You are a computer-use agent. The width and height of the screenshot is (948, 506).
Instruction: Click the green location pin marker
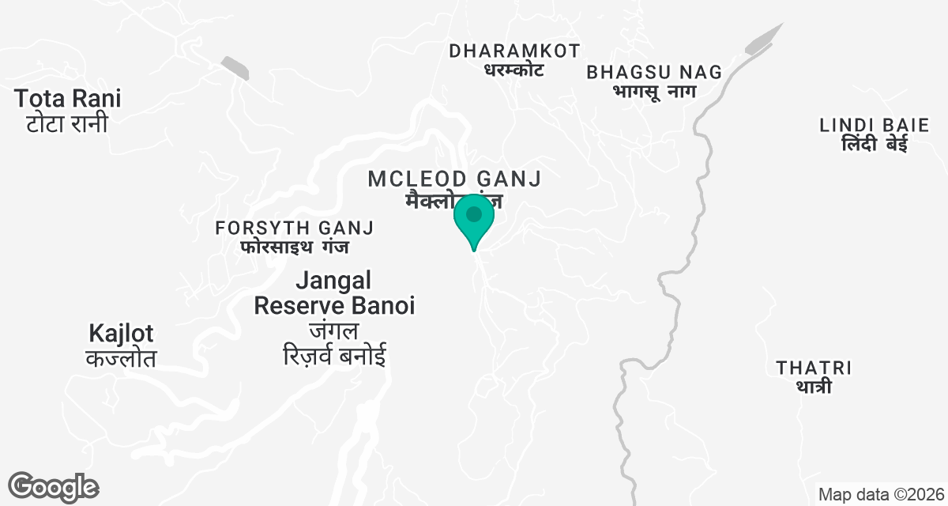click(474, 218)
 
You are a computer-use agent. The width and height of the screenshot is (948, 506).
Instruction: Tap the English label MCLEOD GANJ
click(454, 179)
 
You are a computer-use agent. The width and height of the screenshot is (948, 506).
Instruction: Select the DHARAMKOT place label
click(514, 51)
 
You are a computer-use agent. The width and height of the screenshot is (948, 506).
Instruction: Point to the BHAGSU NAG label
click(654, 72)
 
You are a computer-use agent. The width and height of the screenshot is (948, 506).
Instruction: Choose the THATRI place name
click(814, 368)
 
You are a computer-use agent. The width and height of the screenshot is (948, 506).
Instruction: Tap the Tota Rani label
click(68, 100)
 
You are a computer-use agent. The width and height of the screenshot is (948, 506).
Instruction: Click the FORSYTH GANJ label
click(295, 228)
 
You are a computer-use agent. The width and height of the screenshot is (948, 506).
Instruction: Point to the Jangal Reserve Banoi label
click(334, 293)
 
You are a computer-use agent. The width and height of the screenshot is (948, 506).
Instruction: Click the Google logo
click(53, 487)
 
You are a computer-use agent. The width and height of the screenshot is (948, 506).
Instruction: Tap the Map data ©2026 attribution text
click(881, 495)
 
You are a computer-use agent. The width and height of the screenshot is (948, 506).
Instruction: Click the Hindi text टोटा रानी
click(66, 124)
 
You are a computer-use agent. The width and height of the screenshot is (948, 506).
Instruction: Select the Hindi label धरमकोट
click(513, 70)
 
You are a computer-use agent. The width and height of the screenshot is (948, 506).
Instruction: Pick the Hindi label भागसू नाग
click(653, 91)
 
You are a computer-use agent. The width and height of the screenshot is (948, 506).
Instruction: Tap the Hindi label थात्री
click(814, 387)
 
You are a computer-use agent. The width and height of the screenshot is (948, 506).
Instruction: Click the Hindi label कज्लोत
click(121, 358)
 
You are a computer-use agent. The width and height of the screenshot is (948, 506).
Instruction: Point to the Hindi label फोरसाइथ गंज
click(295, 247)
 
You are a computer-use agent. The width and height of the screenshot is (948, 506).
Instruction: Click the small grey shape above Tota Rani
click(235, 68)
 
